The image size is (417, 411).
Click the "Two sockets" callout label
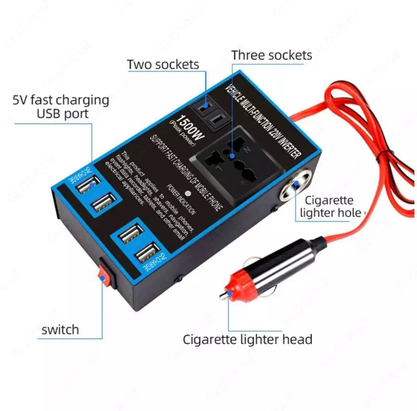point(163,65)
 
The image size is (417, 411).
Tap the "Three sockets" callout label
point(272,55)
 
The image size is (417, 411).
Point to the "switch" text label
point(60,330)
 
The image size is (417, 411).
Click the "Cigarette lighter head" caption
point(247,340)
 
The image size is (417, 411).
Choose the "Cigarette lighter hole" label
point(333,206)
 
